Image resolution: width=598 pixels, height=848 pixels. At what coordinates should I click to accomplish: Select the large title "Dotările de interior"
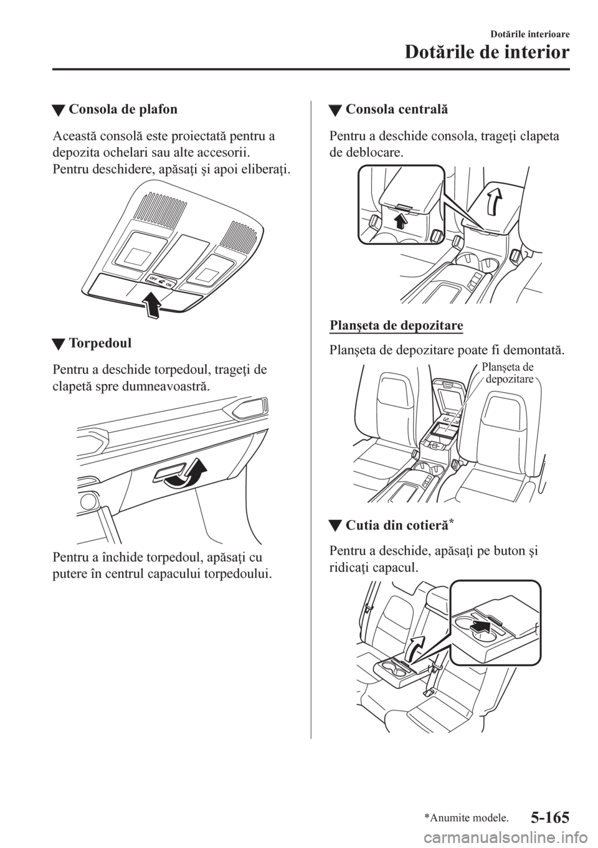pyautogui.click(x=486, y=53)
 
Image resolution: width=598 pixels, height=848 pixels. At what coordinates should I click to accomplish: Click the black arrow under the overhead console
pyautogui.click(x=152, y=304)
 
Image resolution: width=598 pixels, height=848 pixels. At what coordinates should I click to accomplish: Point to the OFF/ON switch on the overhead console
pyautogui.click(x=160, y=281)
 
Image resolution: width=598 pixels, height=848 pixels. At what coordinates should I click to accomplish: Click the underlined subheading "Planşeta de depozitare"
pyautogui.click(x=396, y=326)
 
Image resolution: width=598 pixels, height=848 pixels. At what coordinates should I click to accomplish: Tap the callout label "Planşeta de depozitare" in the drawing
pyautogui.click(x=508, y=373)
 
